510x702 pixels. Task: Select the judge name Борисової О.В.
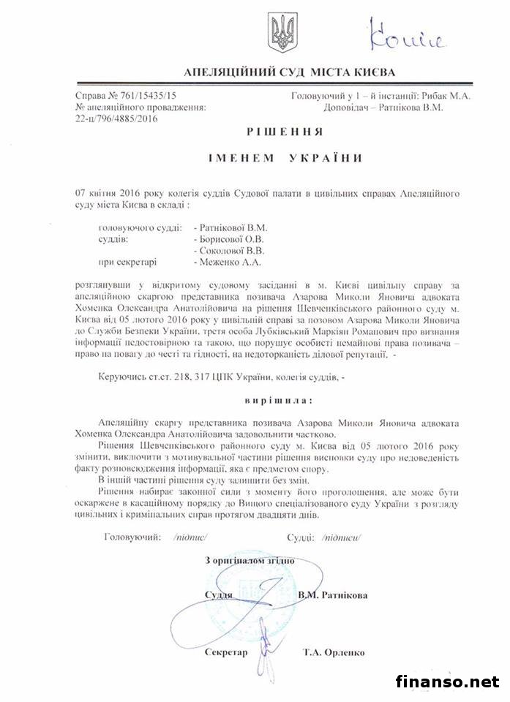point(228,238)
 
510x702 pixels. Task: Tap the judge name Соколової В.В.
point(228,250)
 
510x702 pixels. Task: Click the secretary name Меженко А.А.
point(228,261)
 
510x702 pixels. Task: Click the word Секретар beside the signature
point(227,652)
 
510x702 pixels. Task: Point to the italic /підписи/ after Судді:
point(342,537)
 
